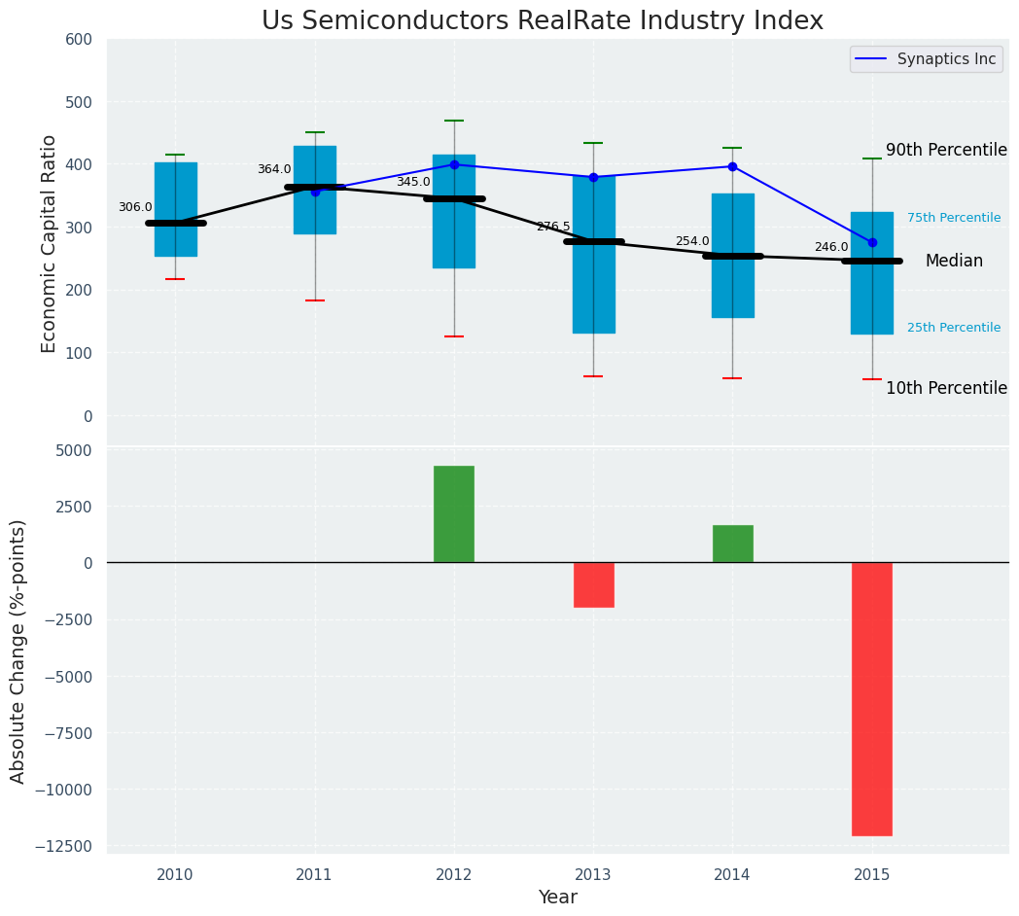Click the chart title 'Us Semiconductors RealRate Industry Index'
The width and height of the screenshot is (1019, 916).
pos(543,21)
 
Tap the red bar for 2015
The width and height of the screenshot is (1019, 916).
pos(871,698)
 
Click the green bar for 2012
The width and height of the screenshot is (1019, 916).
pos(454,513)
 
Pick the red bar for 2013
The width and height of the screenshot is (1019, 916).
pos(593,584)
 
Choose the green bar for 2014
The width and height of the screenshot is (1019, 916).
pos(732,544)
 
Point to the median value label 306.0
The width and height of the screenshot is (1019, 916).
pos(135,207)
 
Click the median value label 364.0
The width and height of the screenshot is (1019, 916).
pos(274,169)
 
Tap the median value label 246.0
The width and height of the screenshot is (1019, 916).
pos(831,247)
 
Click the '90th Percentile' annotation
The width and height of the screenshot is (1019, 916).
pos(946,150)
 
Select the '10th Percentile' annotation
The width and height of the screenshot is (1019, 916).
pos(946,388)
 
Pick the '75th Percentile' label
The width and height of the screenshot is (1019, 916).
pos(954,218)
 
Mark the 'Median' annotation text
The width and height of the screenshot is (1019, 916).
pos(954,261)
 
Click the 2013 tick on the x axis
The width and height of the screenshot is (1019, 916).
pos(593,874)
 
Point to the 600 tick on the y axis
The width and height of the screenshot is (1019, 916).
pos(79,39)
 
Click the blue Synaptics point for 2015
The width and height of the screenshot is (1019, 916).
pos(872,242)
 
